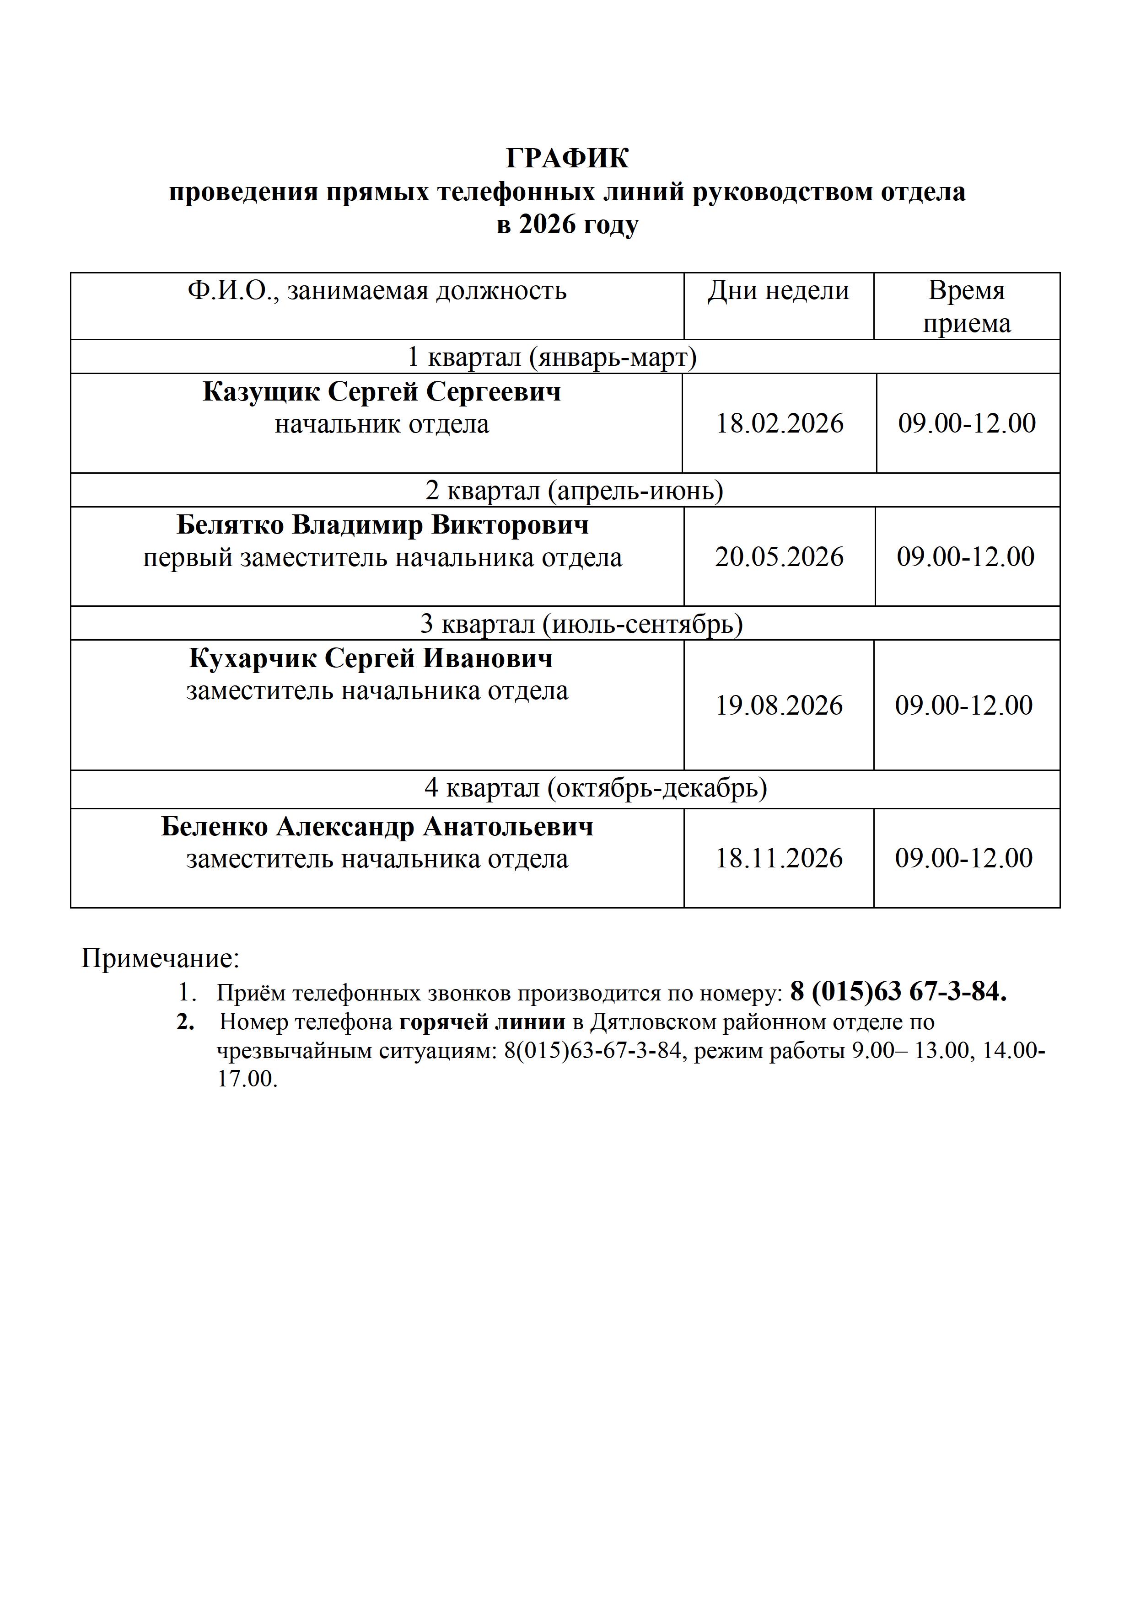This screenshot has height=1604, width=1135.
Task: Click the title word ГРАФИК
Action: click(x=567, y=159)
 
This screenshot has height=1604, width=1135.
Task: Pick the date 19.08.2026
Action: click(x=779, y=706)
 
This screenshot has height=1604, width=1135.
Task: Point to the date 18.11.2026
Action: click(x=779, y=858)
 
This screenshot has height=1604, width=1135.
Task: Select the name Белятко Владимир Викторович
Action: click(x=382, y=524)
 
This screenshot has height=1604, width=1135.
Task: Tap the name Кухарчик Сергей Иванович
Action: click(x=371, y=658)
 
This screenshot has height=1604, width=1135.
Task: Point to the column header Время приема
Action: click(x=967, y=307)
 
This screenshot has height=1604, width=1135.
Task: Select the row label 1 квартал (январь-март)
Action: click(x=552, y=357)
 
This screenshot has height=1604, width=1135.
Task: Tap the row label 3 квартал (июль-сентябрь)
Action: click(x=581, y=623)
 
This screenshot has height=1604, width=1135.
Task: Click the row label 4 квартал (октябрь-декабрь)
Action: click(x=596, y=788)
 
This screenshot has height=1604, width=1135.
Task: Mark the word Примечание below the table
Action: click(x=160, y=958)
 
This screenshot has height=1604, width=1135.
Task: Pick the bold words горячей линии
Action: click(x=482, y=1022)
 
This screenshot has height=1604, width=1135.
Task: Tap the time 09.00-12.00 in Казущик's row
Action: click(x=967, y=423)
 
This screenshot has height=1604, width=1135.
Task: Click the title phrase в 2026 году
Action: click(x=567, y=225)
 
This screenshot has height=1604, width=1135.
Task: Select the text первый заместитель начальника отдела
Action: click(x=382, y=557)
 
